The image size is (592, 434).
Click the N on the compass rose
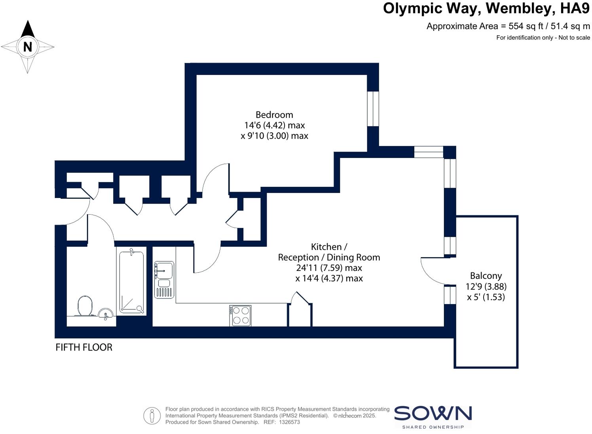(27, 47)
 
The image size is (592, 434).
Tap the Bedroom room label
(274, 115)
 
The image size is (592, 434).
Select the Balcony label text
(486, 276)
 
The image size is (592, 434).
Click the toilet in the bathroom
(85, 306)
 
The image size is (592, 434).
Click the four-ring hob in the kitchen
(240, 316)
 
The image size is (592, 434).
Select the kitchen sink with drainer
(164, 279)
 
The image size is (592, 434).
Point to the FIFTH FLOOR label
(84, 347)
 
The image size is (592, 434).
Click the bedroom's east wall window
(373, 108)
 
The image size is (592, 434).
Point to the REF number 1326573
(289, 422)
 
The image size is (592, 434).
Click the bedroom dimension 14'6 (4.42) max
(274, 125)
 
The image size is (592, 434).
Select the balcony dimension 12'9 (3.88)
(486, 286)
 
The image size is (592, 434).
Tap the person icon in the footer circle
(152, 416)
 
